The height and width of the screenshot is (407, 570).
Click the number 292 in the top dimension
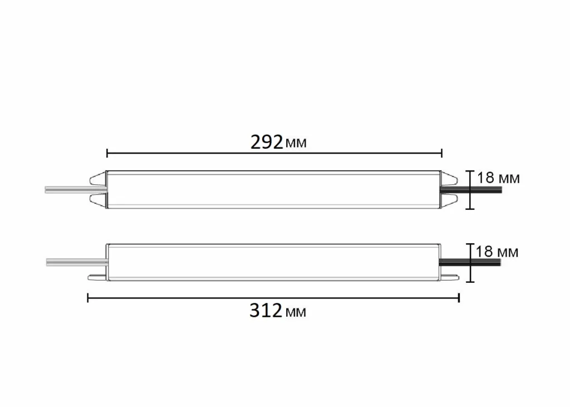point(267,143)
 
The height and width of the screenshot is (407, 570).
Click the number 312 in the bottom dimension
point(266,311)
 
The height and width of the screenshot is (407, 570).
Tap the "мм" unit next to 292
point(296,144)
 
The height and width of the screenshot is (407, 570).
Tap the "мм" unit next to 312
point(295,312)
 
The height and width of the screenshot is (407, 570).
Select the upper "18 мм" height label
point(498,178)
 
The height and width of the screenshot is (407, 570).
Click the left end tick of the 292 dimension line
point(107,152)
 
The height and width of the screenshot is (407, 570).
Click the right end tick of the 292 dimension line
point(441,152)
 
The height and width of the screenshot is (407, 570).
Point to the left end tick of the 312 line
point(88,298)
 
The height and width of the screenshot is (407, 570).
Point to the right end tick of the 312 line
point(459,298)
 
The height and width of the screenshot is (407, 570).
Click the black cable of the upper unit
point(484,189)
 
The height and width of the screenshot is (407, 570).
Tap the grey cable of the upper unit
point(67,190)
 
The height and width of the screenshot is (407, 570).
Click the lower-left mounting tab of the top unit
point(97,200)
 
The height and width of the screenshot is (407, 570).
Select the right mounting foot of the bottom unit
point(449,276)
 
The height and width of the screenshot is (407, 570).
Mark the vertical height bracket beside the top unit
point(470,190)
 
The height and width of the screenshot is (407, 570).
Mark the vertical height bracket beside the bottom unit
point(470,262)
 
